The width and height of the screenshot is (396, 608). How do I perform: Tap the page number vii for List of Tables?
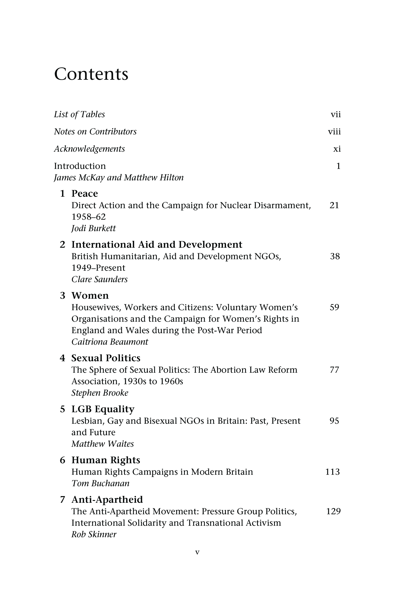click(x=336, y=114)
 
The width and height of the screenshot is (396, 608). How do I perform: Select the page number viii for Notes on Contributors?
click(x=334, y=132)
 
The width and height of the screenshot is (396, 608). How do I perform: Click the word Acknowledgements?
click(x=89, y=149)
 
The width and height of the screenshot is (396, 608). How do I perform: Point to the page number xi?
click(x=337, y=149)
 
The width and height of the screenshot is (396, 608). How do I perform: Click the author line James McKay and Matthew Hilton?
click(x=119, y=178)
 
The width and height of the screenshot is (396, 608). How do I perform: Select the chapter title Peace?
click(x=85, y=194)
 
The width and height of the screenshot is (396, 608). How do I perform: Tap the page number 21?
click(x=334, y=205)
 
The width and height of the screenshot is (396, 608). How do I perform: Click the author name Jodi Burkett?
click(x=93, y=228)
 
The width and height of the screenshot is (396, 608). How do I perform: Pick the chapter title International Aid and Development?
click(x=157, y=245)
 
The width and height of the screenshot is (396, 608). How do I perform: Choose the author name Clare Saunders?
click(x=99, y=279)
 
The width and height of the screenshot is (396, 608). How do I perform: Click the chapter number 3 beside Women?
click(x=62, y=295)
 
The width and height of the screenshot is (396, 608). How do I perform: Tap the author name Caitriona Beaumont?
click(x=110, y=342)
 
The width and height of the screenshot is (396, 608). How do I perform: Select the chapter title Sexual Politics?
click(x=106, y=358)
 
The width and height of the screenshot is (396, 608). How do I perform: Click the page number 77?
click(x=334, y=370)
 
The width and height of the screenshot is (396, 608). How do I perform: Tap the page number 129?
click(x=333, y=511)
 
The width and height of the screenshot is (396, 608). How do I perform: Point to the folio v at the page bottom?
click(x=197, y=552)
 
